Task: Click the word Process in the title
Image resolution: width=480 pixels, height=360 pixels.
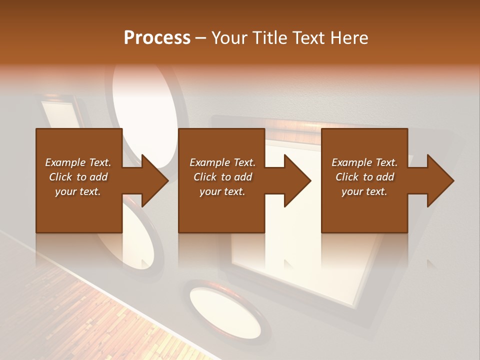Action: (x=157, y=38)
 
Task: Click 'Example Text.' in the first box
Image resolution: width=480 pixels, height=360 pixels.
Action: (x=78, y=162)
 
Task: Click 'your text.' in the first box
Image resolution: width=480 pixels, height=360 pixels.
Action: (x=78, y=191)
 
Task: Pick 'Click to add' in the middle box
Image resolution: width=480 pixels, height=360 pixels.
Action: (x=222, y=177)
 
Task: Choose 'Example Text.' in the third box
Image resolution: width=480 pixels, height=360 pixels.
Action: (x=364, y=162)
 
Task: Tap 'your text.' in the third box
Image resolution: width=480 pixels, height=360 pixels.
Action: (x=364, y=191)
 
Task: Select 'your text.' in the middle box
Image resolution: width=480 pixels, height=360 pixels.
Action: (x=222, y=191)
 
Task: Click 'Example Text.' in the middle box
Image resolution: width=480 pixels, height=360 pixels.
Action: (x=222, y=162)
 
